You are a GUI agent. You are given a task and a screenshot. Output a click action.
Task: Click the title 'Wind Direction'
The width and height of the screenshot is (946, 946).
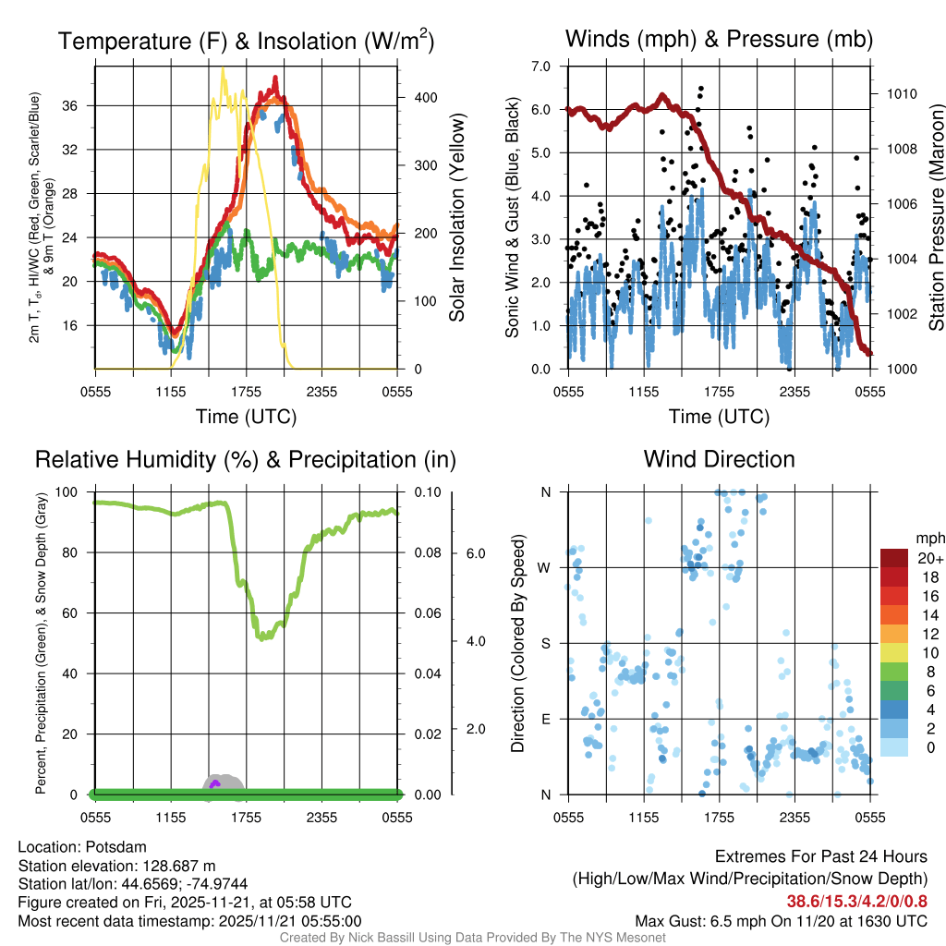pyautogui.click(x=719, y=459)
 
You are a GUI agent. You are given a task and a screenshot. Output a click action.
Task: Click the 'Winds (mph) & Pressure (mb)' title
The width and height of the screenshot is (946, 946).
pyautogui.click(x=719, y=39)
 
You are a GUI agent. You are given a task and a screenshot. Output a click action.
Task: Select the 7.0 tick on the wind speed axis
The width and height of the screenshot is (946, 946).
pyautogui.click(x=540, y=67)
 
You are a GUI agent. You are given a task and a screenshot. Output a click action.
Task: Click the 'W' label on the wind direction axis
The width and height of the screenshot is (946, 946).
pyautogui.click(x=545, y=567)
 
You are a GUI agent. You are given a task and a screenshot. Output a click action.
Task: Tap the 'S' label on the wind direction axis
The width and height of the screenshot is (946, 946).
pyautogui.click(x=545, y=643)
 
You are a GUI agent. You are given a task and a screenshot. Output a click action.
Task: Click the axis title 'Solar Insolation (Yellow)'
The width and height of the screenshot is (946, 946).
pyautogui.click(x=456, y=218)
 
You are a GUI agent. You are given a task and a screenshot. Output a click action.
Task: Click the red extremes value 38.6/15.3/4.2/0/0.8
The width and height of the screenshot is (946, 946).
pyautogui.click(x=856, y=901)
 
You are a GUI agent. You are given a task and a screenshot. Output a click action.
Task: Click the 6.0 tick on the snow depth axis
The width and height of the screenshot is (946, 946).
pyautogui.click(x=474, y=553)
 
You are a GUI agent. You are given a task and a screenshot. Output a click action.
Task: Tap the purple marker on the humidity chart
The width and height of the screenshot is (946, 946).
pyautogui.click(x=214, y=783)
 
